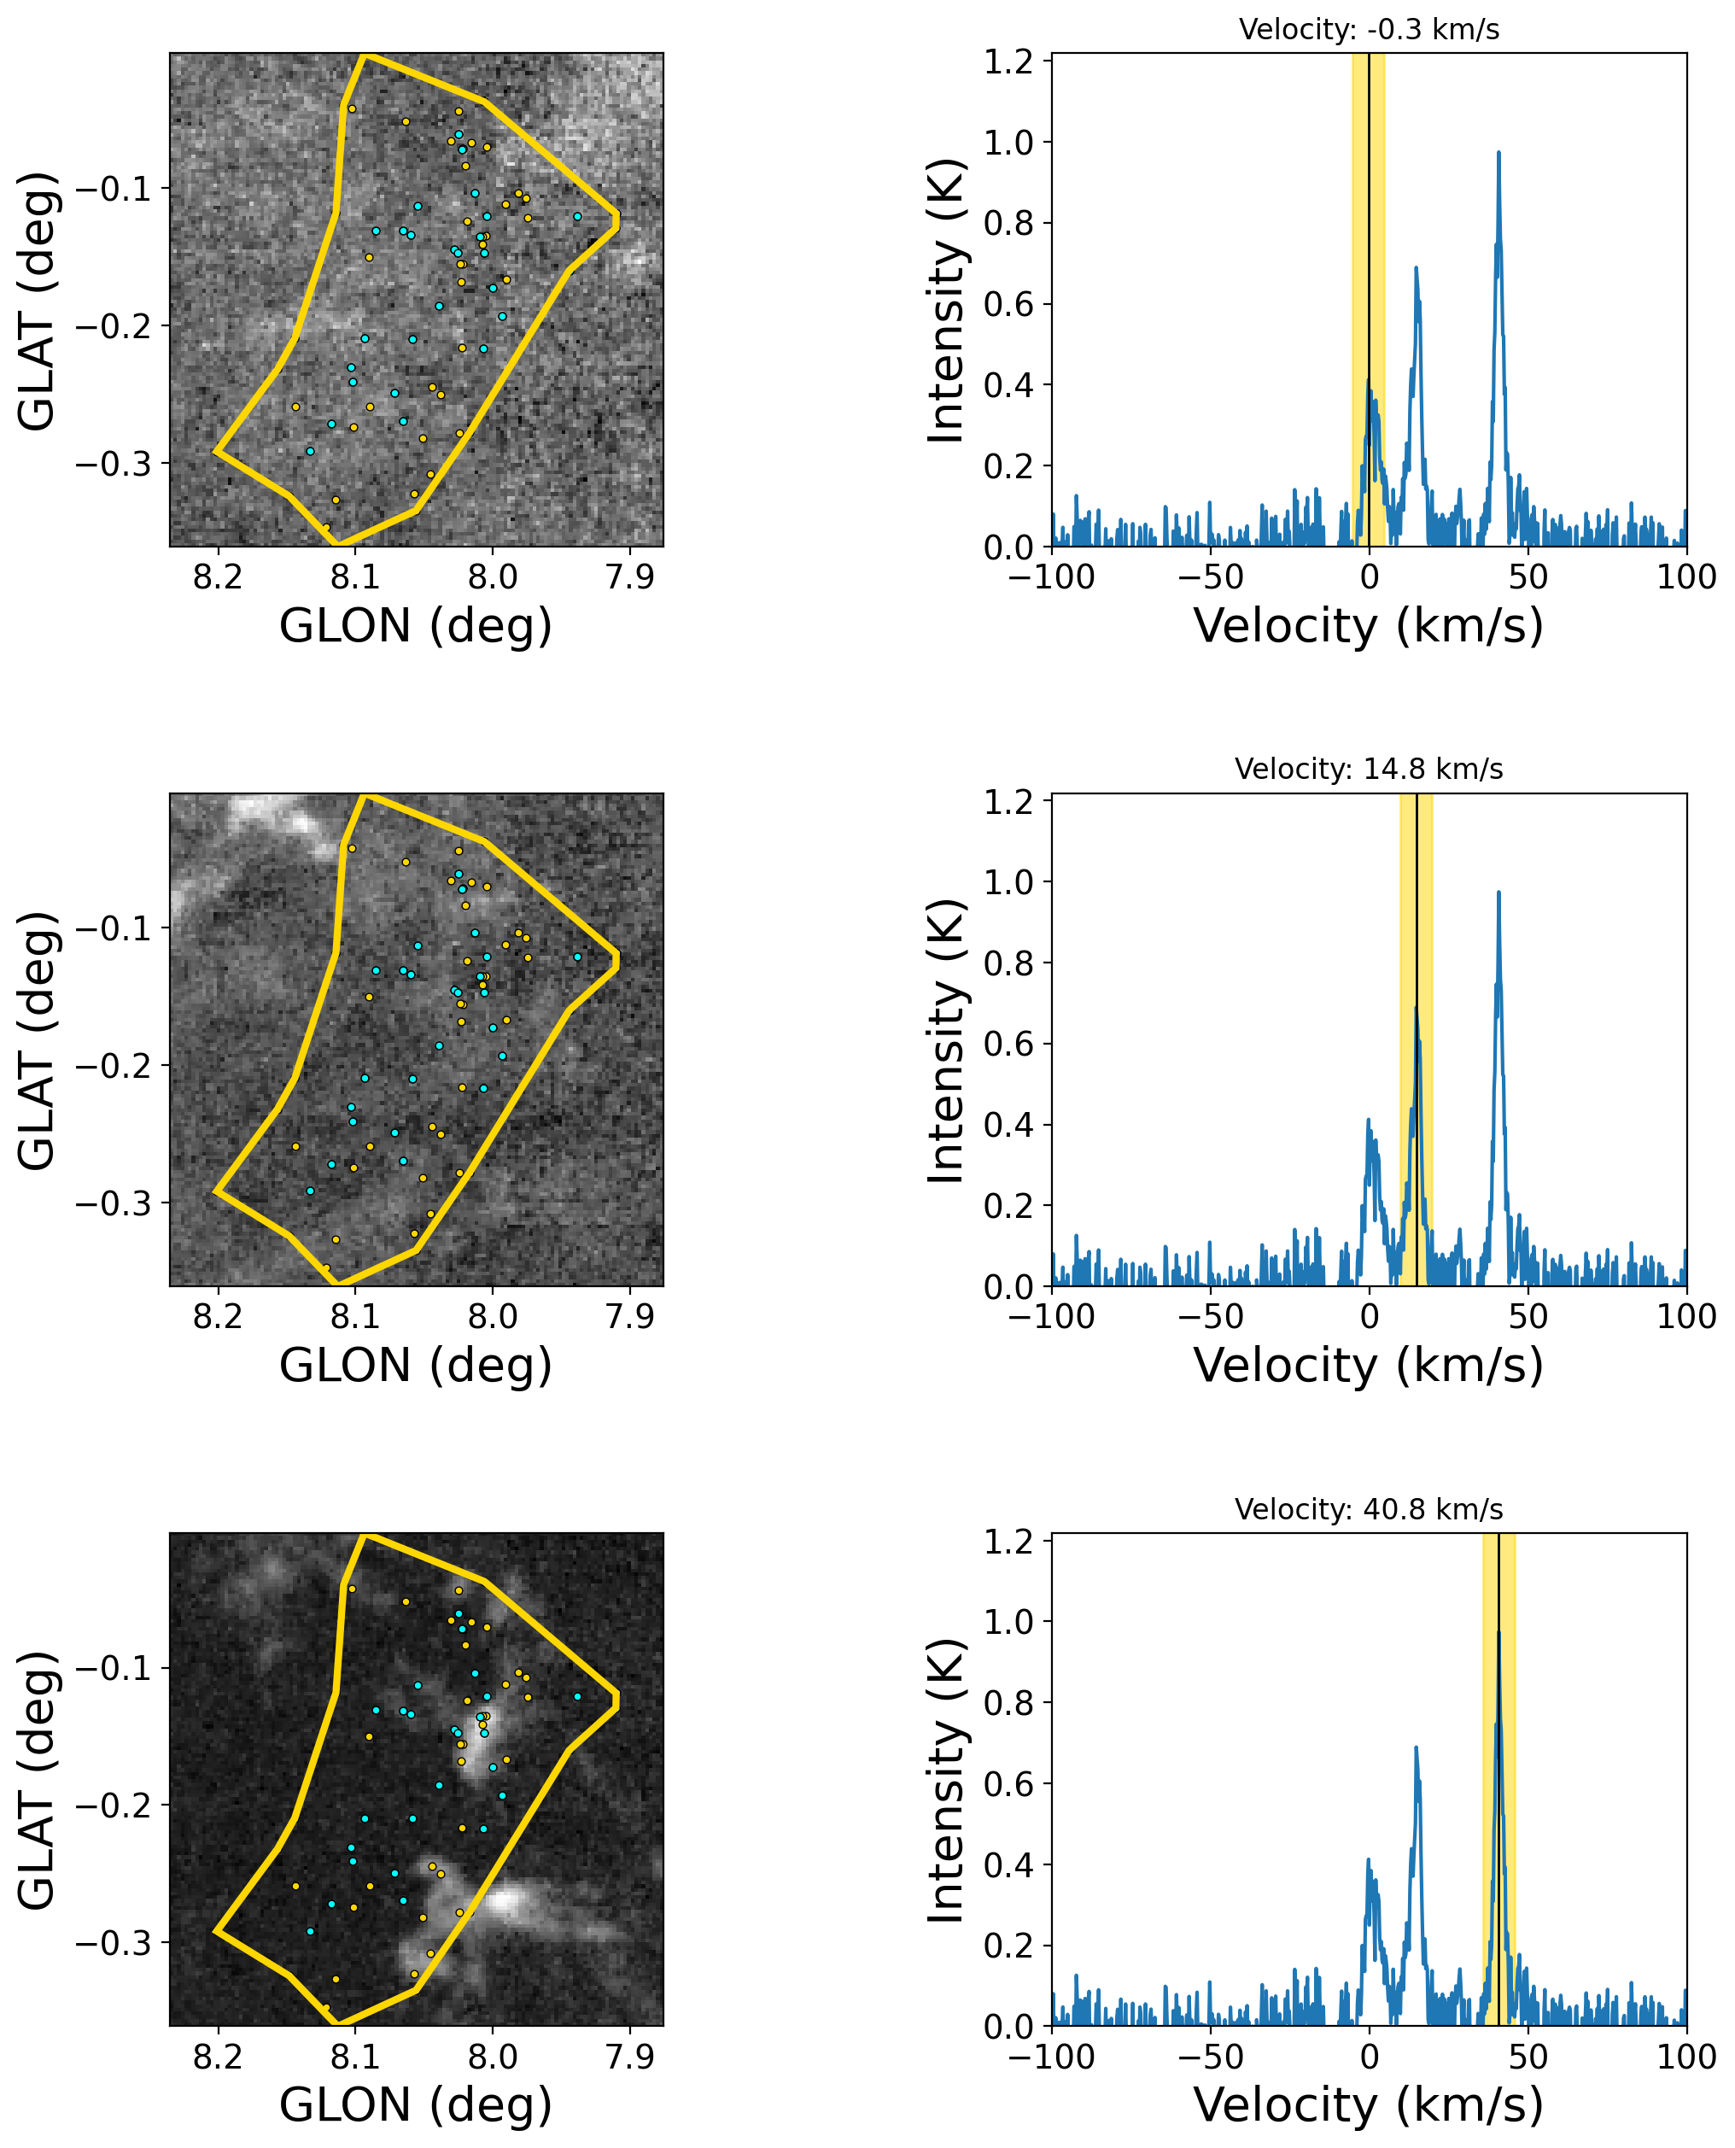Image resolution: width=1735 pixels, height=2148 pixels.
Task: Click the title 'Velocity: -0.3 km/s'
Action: pyautogui.click(x=1368, y=30)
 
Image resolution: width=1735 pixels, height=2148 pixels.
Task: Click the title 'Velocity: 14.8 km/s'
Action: pyautogui.click(x=1368, y=770)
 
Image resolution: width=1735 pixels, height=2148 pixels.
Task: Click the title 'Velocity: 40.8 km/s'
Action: pyautogui.click(x=1368, y=1509)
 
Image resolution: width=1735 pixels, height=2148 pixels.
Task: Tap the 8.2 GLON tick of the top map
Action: pyautogui.click(x=217, y=577)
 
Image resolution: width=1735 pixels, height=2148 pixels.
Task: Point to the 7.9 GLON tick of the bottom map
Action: pyautogui.click(x=629, y=2057)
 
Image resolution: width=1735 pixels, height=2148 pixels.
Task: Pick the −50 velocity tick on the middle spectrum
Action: pyautogui.click(x=1210, y=1317)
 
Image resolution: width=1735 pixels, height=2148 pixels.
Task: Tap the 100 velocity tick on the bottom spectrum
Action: pyautogui.click(x=1687, y=2057)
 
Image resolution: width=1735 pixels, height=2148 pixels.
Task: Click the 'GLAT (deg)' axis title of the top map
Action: pyautogui.click(x=38, y=300)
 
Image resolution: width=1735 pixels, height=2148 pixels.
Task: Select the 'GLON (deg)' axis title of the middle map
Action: pyautogui.click(x=416, y=1366)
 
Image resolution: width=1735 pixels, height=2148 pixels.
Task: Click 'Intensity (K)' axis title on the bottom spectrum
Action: pyautogui.click(x=945, y=1780)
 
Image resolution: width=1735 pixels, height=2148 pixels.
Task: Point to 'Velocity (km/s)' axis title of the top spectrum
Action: pyautogui.click(x=1368, y=627)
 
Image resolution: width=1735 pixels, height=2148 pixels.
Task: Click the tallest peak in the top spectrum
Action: pyautogui.click(x=1498, y=154)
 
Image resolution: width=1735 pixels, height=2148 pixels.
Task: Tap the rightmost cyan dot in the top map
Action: pyautogui.click(x=578, y=216)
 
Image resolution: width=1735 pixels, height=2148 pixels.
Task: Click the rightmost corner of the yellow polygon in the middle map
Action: pyautogui.click(x=617, y=961)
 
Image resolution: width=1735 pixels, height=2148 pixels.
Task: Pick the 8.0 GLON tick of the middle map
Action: pyautogui.click(x=493, y=1317)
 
